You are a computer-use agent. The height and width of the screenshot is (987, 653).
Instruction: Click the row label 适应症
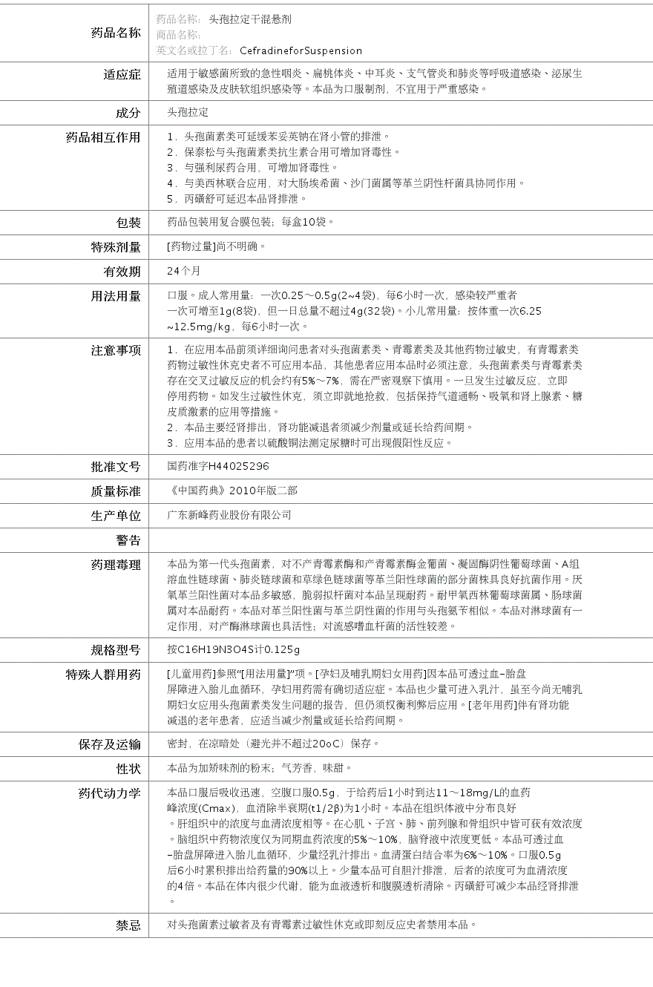tap(122, 74)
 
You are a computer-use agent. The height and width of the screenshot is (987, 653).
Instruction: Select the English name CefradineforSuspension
tap(301, 51)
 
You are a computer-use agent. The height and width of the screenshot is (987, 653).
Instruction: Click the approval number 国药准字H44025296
tap(218, 467)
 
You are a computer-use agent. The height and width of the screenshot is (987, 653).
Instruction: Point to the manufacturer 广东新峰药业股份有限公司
tap(229, 515)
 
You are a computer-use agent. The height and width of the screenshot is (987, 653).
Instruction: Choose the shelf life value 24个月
tap(183, 271)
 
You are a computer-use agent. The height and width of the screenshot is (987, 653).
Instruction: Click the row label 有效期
tap(122, 272)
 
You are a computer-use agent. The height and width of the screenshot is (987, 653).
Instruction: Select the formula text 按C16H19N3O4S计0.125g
tap(233, 650)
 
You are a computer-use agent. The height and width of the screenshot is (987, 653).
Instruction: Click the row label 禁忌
tap(128, 925)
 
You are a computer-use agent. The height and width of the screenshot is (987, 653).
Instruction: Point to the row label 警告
tap(128, 540)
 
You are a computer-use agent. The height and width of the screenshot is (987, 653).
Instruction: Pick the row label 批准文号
tap(116, 467)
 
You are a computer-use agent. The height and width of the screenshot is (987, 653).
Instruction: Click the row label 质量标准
tap(116, 491)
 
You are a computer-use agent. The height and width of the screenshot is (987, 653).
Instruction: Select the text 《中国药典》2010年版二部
tap(233, 491)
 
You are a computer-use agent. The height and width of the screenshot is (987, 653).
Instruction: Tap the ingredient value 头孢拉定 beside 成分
tap(188, 113)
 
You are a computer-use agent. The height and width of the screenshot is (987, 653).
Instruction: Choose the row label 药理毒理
tap(116, 565)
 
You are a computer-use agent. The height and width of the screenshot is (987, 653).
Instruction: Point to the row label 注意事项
tap(116, 350)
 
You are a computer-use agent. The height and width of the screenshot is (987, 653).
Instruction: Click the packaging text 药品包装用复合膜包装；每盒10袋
tap(250, 222)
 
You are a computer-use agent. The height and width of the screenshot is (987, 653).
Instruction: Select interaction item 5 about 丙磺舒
tap(237, 199)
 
